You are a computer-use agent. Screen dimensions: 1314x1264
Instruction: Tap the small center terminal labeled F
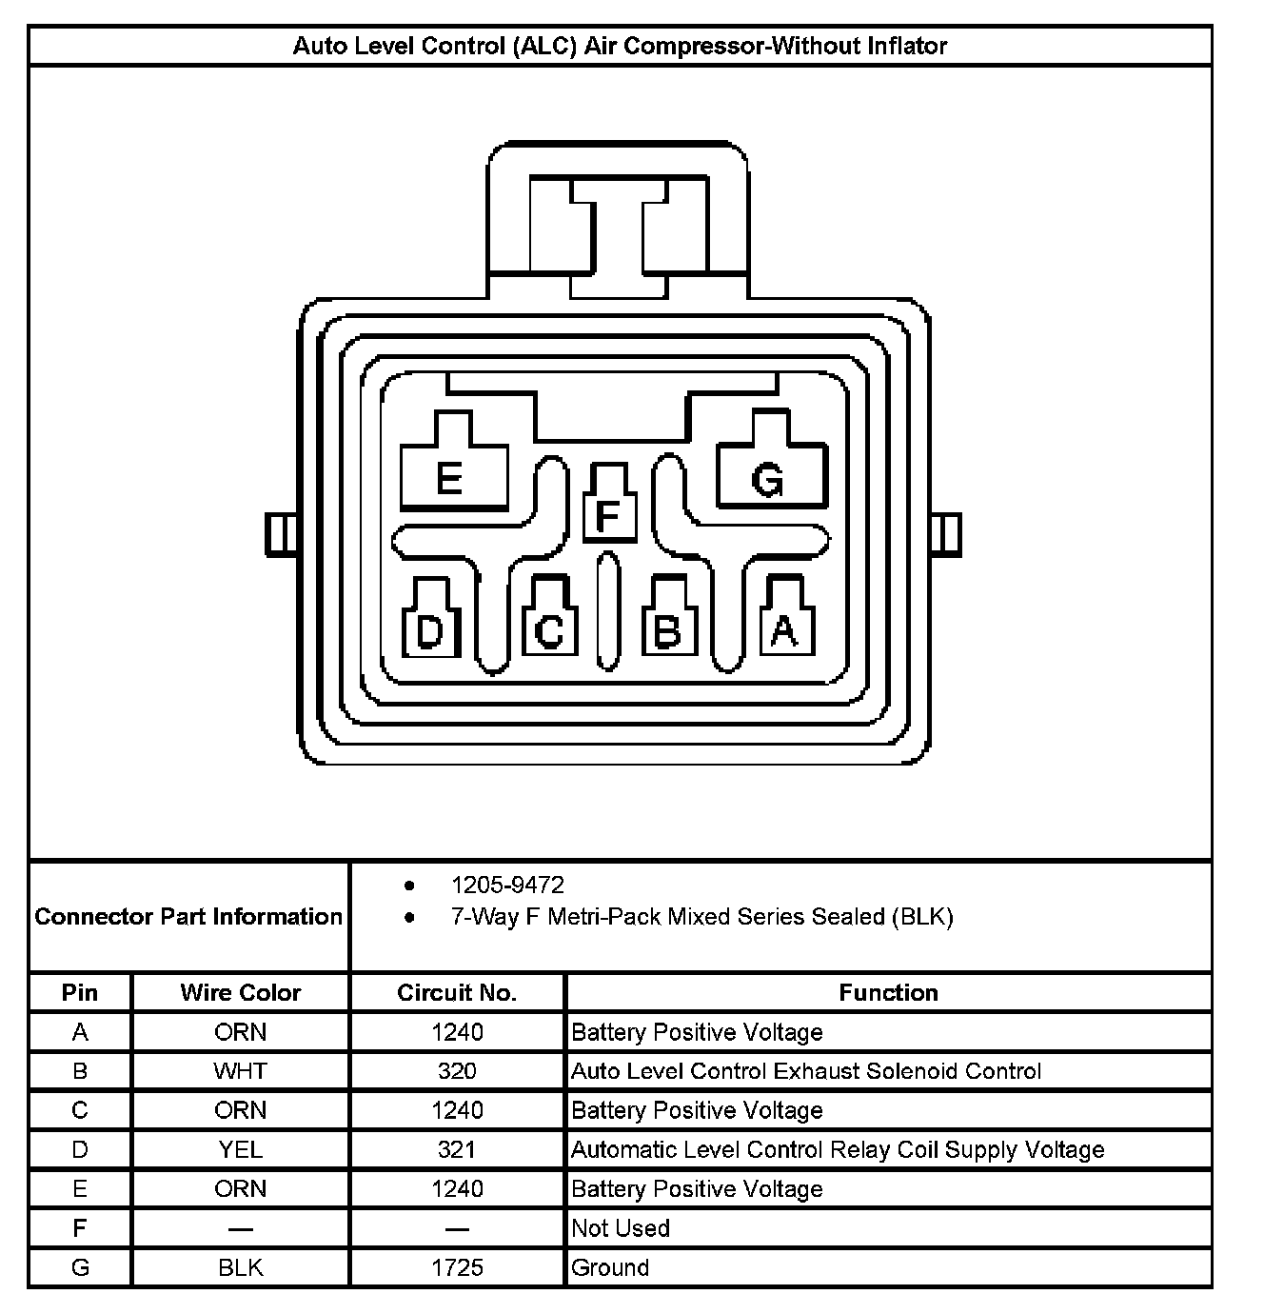coord(608,515)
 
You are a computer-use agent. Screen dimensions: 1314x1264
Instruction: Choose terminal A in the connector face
coord(785,628)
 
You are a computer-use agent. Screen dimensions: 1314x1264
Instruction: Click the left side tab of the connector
coord(280,534)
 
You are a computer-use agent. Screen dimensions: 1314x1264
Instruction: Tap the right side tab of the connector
coord(945,534)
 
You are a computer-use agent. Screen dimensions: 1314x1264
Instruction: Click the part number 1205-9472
coord(507,886)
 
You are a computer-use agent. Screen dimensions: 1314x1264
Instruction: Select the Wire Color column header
coord(241,993)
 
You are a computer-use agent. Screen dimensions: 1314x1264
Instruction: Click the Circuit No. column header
coord(457,993)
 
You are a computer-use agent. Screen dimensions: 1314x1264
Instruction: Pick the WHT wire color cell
coord(241,1071)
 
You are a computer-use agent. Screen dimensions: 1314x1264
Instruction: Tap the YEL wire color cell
coord(241,1149)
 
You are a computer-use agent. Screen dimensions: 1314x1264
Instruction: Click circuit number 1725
coord(457,1267)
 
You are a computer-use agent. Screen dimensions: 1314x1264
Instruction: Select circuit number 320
coord(457,1071)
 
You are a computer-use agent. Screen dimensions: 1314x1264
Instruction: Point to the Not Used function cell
coord(621,1228)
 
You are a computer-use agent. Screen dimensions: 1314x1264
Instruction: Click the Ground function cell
coord(610,1267)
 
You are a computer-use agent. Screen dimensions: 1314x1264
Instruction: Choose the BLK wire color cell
coord(241,1267)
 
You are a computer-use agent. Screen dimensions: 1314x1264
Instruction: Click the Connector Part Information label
coord(188,917)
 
